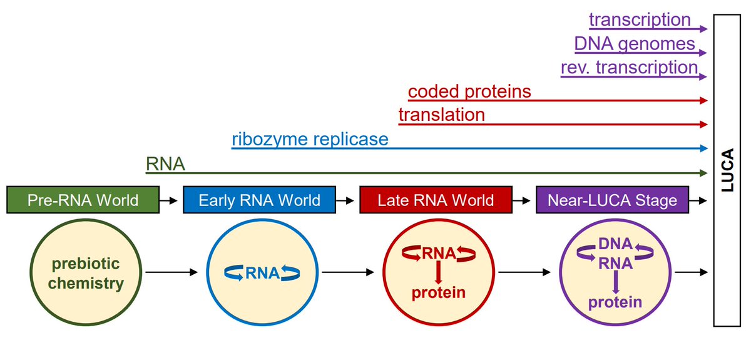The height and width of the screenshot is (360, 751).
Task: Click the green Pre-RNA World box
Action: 82,200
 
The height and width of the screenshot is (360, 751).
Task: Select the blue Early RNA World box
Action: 259,200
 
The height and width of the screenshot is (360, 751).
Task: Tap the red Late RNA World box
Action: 436,200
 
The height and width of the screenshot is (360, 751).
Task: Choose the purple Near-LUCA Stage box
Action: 612,200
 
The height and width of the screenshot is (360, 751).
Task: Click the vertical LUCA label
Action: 727,170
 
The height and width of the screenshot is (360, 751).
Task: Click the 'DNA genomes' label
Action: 635,44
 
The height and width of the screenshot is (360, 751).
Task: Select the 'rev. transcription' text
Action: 629,67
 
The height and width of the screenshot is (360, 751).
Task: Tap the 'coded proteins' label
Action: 469,92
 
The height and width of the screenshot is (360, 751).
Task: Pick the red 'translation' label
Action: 441,115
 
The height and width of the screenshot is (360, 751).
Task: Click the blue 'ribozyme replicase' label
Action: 310,139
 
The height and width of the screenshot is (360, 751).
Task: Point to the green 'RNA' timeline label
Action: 165,163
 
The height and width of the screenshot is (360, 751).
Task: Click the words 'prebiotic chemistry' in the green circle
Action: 86,273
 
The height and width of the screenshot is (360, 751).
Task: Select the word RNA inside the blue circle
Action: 262,272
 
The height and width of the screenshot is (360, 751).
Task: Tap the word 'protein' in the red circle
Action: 438,292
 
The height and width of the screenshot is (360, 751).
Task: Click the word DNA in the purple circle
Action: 615,244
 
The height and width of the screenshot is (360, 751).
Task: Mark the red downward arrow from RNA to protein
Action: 438,272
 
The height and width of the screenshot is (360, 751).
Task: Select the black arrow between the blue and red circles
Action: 347,272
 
